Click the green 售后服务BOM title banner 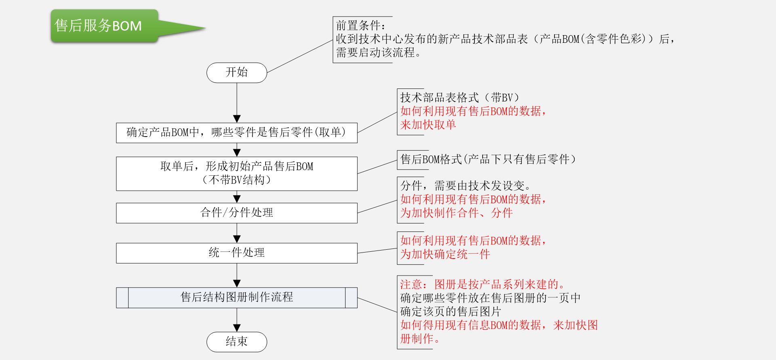pyautogui.click(x=104, y=26)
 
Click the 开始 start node pyautogui.click(x=237, y=73)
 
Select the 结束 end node pyautogui.click(x=237, y=342)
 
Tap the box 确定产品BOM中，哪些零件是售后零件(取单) pyautogui.click(x=237, y=133)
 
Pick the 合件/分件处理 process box pyautogui.click(x=237, y=213)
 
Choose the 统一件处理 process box pyautogui.click(x=237, y=253)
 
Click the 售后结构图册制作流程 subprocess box pyautogui.click(x=237, y=297)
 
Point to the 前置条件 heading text pyautogui.click(x=361, y=26)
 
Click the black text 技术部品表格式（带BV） pyautogui.click(x=460, y=98)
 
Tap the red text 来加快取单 pyautogui.click(x=428, y=124)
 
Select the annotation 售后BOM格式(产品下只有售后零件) pyautogui.click(x=488, y=159)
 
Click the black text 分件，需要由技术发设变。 pyautogui.click(x=465, y=186)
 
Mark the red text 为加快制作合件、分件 pyautogui.click(x=456, y=213)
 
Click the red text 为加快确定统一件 pyautogui.click(x=445, y=255)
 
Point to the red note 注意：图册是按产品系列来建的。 pyautogui.click(x=483, y=284)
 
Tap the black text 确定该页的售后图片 pyautogui.click(x=450, y=312)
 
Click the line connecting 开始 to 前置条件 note pyautogui.click(x=299, y=57)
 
